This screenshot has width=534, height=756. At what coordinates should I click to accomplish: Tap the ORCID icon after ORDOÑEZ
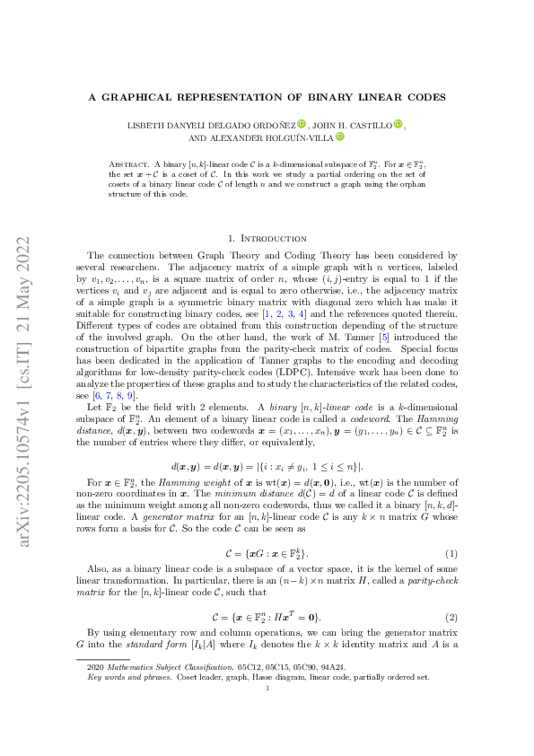click(302, 125)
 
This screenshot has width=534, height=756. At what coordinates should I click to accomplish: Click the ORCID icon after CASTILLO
click(398, 125)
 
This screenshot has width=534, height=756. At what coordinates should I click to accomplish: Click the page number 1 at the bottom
click(267, 714)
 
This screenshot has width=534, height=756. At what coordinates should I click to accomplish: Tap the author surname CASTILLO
click(369, 125)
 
